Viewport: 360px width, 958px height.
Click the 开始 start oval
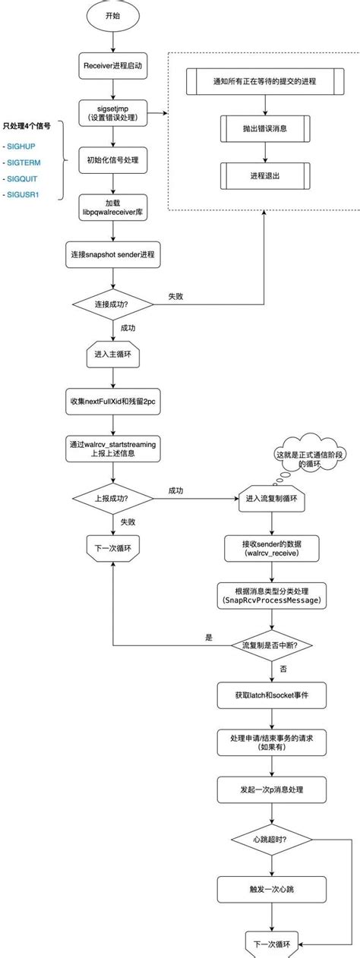(113, 16)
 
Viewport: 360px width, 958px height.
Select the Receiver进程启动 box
(113, 66)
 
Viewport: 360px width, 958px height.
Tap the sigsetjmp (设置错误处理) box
(113, 113)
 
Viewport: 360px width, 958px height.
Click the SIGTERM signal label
(24, 162)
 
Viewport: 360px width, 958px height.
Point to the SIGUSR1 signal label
(23, 194)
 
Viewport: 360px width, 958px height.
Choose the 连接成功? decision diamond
(113, 304)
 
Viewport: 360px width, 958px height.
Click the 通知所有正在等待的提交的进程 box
(265, 81)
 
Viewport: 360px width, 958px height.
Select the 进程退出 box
(265, 176)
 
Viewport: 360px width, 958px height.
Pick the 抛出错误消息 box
(265, 128)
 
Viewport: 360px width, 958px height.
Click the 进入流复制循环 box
(272, 499)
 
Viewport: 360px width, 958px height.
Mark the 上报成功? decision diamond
(113, 498)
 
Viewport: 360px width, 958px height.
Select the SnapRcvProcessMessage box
(272, 595)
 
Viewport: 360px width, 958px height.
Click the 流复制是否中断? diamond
(272, 645)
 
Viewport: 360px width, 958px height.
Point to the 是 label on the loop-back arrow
(208, 638)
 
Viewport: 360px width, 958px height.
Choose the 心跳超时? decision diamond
(272, 840)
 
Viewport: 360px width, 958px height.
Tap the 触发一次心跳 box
(272, 890)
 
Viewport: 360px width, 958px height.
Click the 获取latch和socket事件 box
(272, 695)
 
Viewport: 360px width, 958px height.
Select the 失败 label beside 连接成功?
(175, 296)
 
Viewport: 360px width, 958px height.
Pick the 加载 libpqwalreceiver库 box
(113, 207)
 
